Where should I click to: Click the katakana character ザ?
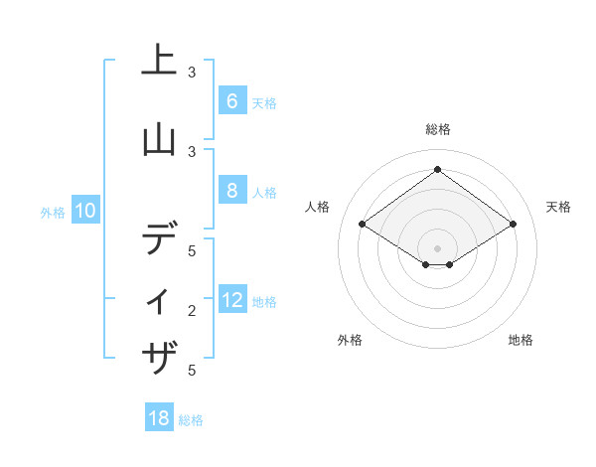(x=159, y=357)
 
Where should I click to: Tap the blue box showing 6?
(x=231, y=101)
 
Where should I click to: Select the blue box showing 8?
(x=231, y=191)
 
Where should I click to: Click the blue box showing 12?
(x=231, y=300)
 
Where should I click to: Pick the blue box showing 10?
(x=84, y=211)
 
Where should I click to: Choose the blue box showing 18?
(x=159, y=418)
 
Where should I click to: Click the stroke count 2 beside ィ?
(x=192, y=311)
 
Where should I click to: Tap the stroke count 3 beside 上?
(x=192, y=72)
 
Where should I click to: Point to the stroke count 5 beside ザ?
(x=192, y=371)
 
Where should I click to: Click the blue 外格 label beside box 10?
(x=53, y=212)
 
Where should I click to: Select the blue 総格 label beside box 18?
(x=191, y=419)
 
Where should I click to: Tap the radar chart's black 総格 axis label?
(x=437, y=129)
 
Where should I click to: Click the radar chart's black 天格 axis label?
(x=559, y=207)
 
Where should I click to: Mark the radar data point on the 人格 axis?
(x=363, y=225)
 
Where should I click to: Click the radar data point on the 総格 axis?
(x=437, y=170)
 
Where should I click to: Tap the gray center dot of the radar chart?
(x=437, y=247)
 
